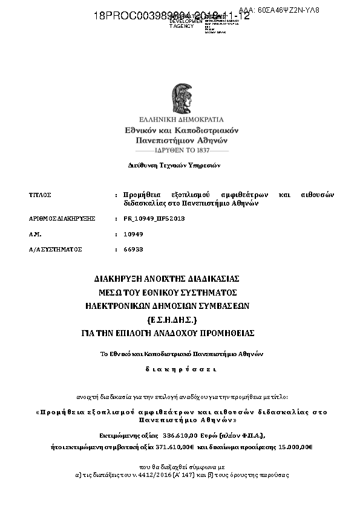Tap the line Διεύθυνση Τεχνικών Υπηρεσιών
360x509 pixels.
pos(175,164)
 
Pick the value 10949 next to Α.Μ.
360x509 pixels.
pos(133,233)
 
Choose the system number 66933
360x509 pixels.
pos(133,249)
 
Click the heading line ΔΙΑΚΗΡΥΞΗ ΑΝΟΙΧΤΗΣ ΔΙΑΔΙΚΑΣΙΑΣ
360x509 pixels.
pos(168,279)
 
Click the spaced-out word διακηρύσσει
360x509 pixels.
pos(180,368)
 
